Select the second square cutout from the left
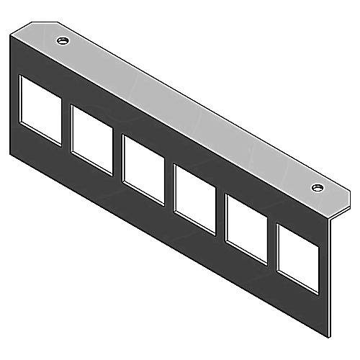91,138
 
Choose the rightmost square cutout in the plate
297,256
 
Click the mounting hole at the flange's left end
63,40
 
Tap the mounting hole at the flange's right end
316,188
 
